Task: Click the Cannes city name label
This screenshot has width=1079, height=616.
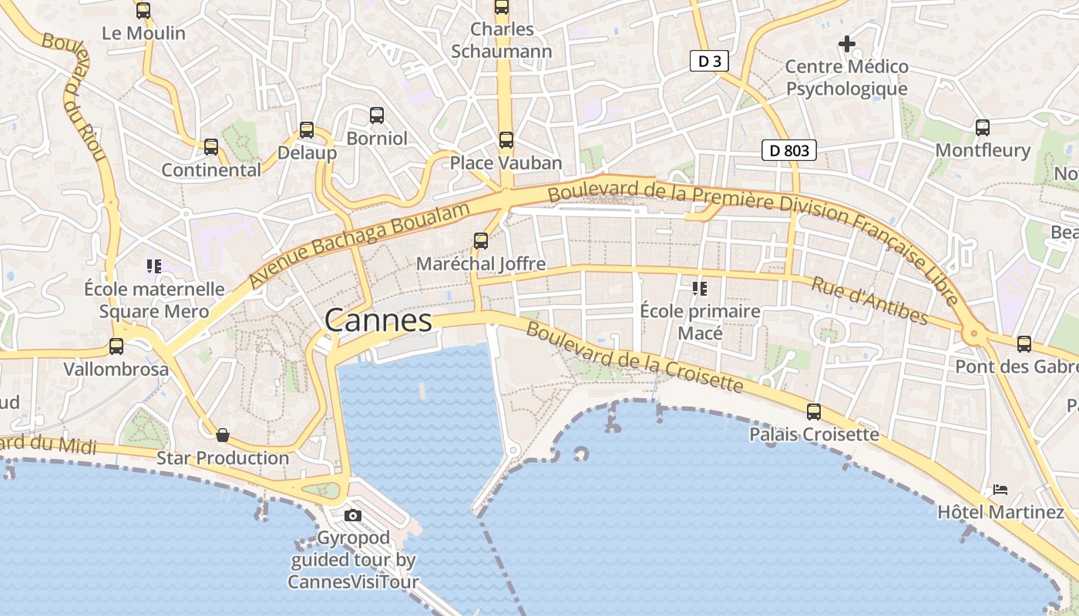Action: (378, 320)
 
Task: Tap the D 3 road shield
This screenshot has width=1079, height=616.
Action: (709, 62)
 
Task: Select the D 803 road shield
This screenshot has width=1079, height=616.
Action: (789, 150)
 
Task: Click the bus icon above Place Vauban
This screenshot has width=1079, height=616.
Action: (506, 140)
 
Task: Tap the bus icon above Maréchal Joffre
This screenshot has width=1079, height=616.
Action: (481, 241)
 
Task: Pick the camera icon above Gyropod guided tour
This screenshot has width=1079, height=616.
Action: (353, 515)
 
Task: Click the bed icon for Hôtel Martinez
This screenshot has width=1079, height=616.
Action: (1000, 489)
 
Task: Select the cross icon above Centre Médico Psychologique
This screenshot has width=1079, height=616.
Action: (847, 44)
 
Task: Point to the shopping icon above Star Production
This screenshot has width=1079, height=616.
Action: (223, 436)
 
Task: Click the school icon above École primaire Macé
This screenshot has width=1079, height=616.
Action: (700, 289)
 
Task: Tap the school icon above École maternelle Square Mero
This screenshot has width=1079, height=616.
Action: (154, 266)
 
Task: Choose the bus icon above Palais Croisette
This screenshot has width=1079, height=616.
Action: (814, 412)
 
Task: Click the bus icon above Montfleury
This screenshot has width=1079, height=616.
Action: (982, 128)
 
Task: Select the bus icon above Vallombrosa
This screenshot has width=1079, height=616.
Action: (116, 346)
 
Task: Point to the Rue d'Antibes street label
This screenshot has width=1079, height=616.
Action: (869, 300)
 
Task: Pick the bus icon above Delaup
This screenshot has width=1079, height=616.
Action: (307, 130)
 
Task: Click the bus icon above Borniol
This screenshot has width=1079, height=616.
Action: (377, 115)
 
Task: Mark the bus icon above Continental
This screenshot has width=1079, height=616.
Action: (211, 147)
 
